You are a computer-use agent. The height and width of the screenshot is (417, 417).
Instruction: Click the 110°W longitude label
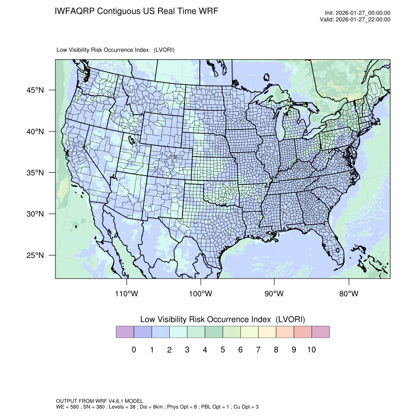[127, 293]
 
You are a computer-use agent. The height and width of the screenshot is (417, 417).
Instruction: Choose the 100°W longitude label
[201, 293]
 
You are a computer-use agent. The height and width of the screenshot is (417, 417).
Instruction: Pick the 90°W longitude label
[274, 293]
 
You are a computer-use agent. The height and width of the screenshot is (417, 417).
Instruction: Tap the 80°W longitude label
[348, 293]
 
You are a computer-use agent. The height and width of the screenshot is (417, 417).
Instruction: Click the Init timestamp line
[358, 13]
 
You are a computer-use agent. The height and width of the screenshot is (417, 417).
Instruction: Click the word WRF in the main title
[208, 11]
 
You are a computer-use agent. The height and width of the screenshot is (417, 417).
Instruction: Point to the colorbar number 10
[312, 350]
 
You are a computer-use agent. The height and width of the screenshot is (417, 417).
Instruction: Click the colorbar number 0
[133, 350]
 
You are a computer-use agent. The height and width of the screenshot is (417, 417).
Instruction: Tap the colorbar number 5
[223, 350]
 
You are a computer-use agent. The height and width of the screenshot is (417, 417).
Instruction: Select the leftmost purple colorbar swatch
[125, 332]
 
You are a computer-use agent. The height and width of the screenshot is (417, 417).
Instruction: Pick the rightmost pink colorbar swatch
[320, 332]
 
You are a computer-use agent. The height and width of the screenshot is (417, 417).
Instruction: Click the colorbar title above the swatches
[223, 319]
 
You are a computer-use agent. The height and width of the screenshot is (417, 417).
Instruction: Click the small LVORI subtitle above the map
[116, 50]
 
